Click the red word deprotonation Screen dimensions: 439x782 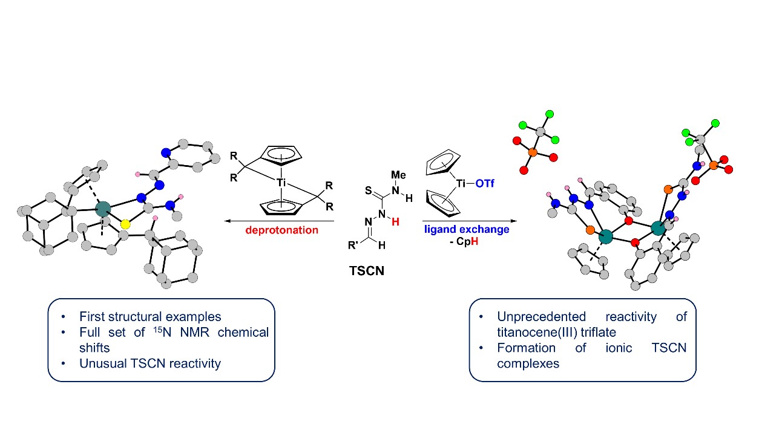click(x=282, y=230)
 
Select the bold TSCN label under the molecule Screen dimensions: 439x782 click(x=367, y=272)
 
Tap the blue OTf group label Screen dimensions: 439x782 click(x=484, y=182)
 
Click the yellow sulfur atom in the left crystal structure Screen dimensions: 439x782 click(x=125, y=224)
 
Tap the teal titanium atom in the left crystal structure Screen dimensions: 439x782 click(x=103, y=210)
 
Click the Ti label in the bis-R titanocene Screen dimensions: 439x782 click(x=281, y=181)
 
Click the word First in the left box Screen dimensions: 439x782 click(x=93, y=316)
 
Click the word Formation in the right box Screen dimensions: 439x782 click(x=527, y=348)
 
